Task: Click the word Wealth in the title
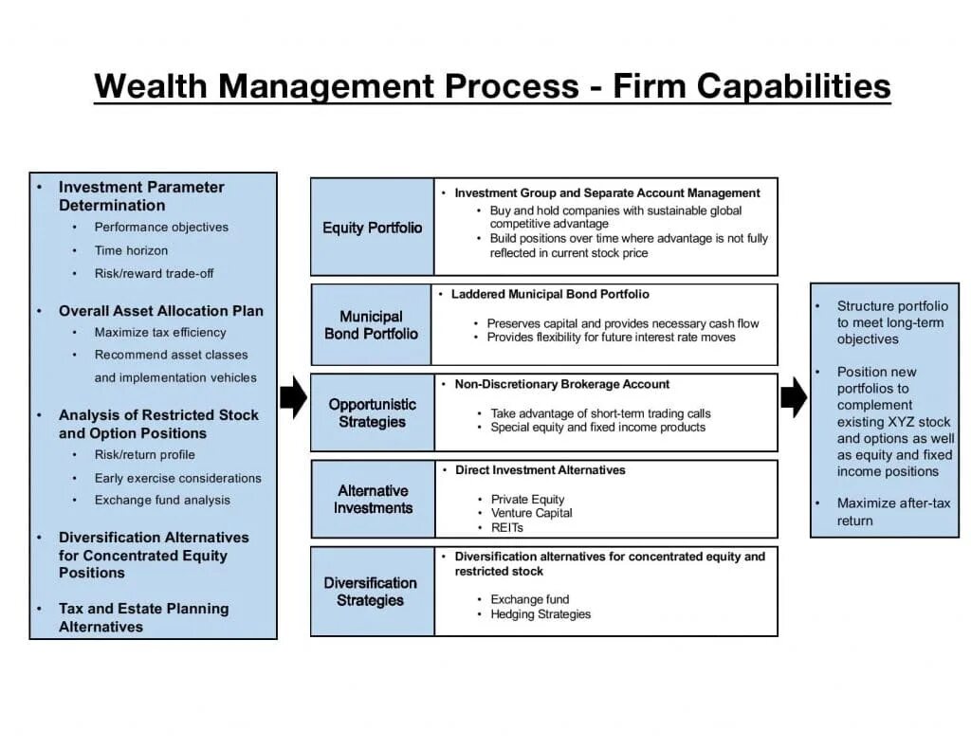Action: click(x=151, y=86)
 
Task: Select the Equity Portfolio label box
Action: click(x=372, y=228)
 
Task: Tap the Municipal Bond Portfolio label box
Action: click(x=371, y=324)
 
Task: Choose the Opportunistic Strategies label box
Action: click(x=372, y=412)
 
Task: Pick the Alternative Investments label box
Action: click(x=373, y=499)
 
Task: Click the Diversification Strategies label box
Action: click(x=370, y=591)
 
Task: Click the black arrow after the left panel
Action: click(x=293, y=396)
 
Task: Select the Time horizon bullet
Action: click(x=131, y=250)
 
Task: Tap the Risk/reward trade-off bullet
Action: click(x=154, y=273)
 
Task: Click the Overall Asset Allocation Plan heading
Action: click(x=160, y=311)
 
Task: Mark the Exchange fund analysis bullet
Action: click(x=161, y=500)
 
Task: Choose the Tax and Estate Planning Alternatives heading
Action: click(x=143, y=617)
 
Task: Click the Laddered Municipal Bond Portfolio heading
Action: click(x=550, y=295)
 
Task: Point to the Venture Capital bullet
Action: click(x=531, y=513)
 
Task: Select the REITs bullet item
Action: click(x=506, y=527)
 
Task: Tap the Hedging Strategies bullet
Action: click(x=540, y=614)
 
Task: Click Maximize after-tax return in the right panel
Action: click(x=892, y=512)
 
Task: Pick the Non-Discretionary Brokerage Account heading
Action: click(x=561, y=384)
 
